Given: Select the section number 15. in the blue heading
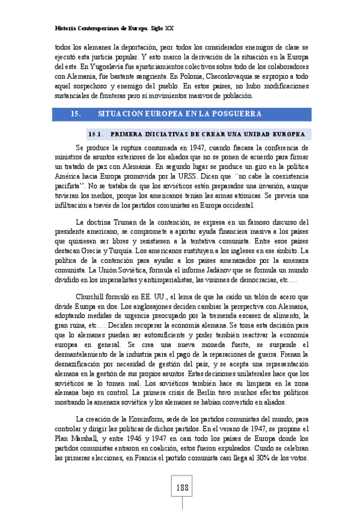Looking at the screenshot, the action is [76, 113].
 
